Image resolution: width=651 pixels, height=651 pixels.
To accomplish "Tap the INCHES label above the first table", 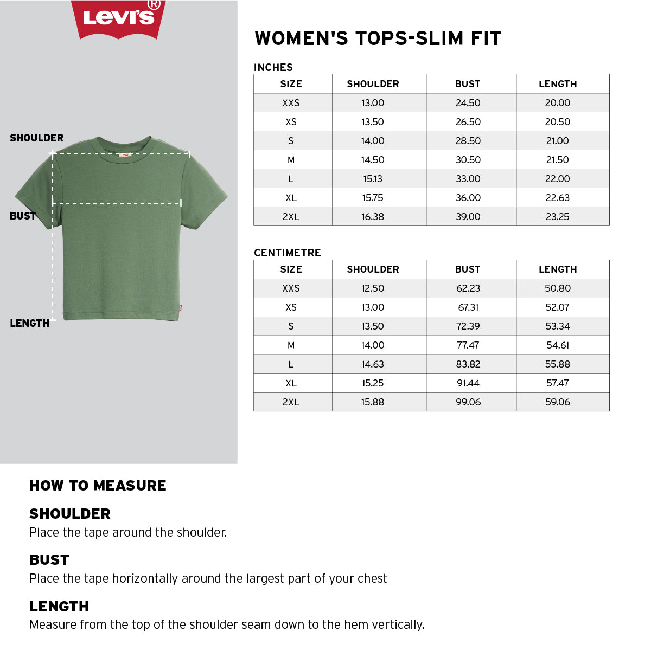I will click(x=273, y=67).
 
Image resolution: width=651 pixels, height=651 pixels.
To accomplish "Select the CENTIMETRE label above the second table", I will click(x=288, y=253).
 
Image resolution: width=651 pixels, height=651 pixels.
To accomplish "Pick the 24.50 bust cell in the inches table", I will click(x=468, y=103).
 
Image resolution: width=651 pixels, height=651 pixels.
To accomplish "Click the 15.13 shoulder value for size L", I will click(x=373, y=179).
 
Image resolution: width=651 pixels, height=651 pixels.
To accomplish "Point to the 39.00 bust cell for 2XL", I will click(x=468, y=217).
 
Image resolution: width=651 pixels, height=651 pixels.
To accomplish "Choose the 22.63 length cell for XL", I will click(x=557, y=198).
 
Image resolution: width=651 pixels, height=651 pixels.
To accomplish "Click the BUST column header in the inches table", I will click(x=468, y=84).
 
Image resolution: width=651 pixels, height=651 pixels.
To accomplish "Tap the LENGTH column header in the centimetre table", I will click(x=557, y=269).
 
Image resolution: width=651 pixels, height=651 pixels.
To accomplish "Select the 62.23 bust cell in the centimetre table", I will click(x=468, y=288).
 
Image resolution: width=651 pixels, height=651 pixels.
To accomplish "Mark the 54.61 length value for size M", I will click(x=557, y=345).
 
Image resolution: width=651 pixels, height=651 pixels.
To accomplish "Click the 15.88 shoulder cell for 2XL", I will click(x=373, y=402).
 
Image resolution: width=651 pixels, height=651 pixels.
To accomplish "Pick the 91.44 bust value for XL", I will click(x=468, y=383).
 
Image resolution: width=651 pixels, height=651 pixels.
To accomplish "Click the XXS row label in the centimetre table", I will click(x=291, y=288).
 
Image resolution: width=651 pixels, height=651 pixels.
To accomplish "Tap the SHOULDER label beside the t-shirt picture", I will click(x=37, y=138).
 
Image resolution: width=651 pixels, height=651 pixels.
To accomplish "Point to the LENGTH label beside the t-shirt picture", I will click(x=30, y=323).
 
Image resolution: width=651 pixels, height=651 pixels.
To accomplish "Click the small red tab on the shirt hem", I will click(x=180, y=310).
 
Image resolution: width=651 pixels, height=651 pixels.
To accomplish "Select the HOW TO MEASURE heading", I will click(x=98, y=486).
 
